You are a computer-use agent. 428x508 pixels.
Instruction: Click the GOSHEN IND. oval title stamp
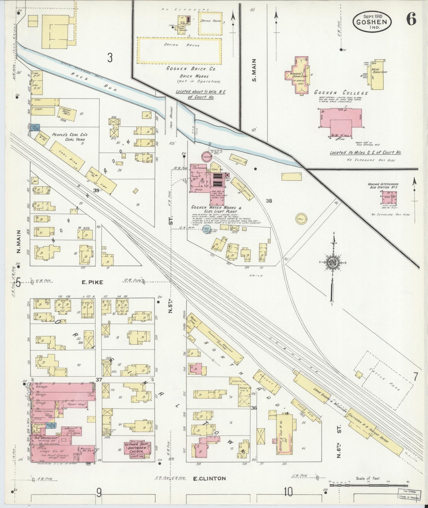372,22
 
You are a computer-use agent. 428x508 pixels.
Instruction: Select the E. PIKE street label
92,282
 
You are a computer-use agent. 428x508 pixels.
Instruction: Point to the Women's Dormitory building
299,76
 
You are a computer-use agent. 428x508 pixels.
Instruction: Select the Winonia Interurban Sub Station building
389,198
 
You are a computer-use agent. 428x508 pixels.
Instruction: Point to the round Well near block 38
301,218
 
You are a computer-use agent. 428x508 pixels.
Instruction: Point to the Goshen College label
341,93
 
